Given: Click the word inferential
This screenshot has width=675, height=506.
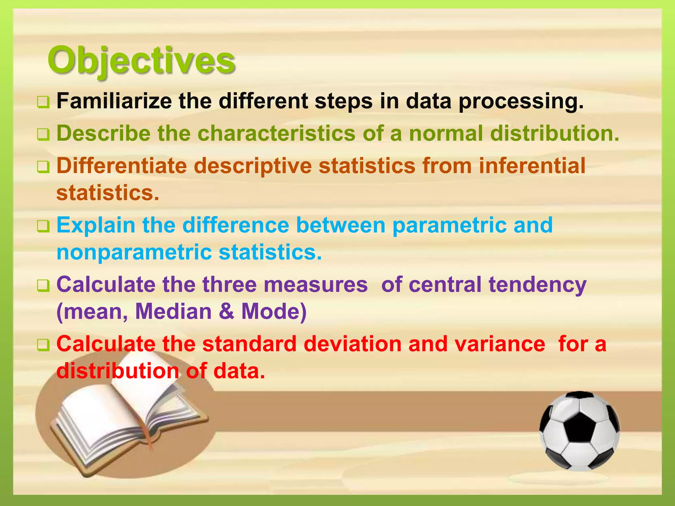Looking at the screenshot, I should (532, 165).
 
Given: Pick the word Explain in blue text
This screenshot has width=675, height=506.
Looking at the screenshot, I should (96, 225).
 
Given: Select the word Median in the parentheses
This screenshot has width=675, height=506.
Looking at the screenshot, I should (173, 311).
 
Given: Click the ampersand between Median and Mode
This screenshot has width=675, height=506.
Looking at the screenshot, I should (226, 311).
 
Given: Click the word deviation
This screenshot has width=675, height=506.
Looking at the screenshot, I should (352, 344).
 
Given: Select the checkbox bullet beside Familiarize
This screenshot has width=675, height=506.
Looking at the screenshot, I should (43, 102).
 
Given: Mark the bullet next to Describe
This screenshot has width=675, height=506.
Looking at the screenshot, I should (43, 135).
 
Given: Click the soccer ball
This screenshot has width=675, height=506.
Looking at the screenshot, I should (579, 430).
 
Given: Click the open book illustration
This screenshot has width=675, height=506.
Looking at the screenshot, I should (129, 425).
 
